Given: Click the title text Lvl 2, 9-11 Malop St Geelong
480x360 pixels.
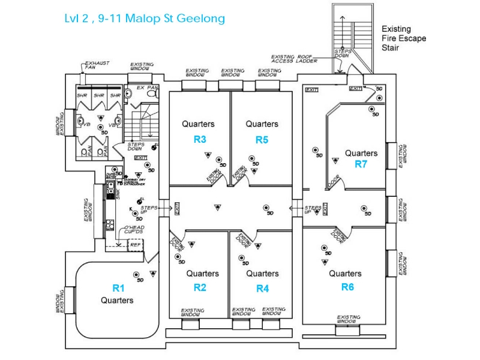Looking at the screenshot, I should pyautogui.click(x=145, y=19).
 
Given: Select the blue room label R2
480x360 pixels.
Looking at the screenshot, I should pyautogui.click(x=200, y=287).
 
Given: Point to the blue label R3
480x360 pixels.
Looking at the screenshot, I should pyautogui.click(x=200, y=139).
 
